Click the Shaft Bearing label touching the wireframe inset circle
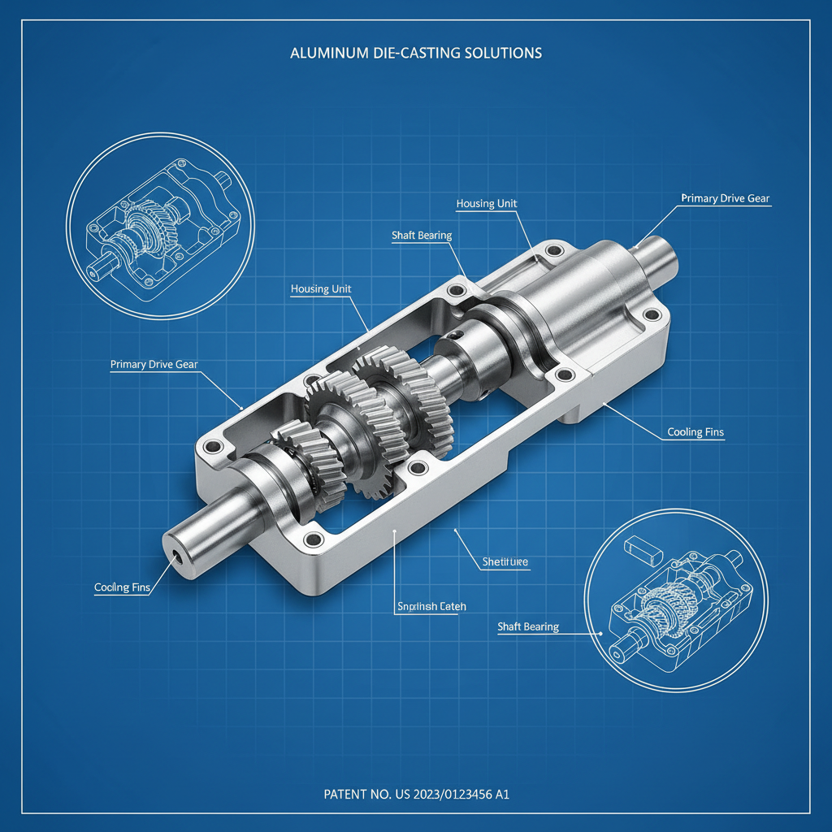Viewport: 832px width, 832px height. coord(528,626)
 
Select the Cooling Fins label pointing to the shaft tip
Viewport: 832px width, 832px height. coord(122,587)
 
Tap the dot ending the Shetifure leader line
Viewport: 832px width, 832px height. coord(456,530)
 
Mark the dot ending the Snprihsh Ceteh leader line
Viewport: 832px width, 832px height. coord(394,531)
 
